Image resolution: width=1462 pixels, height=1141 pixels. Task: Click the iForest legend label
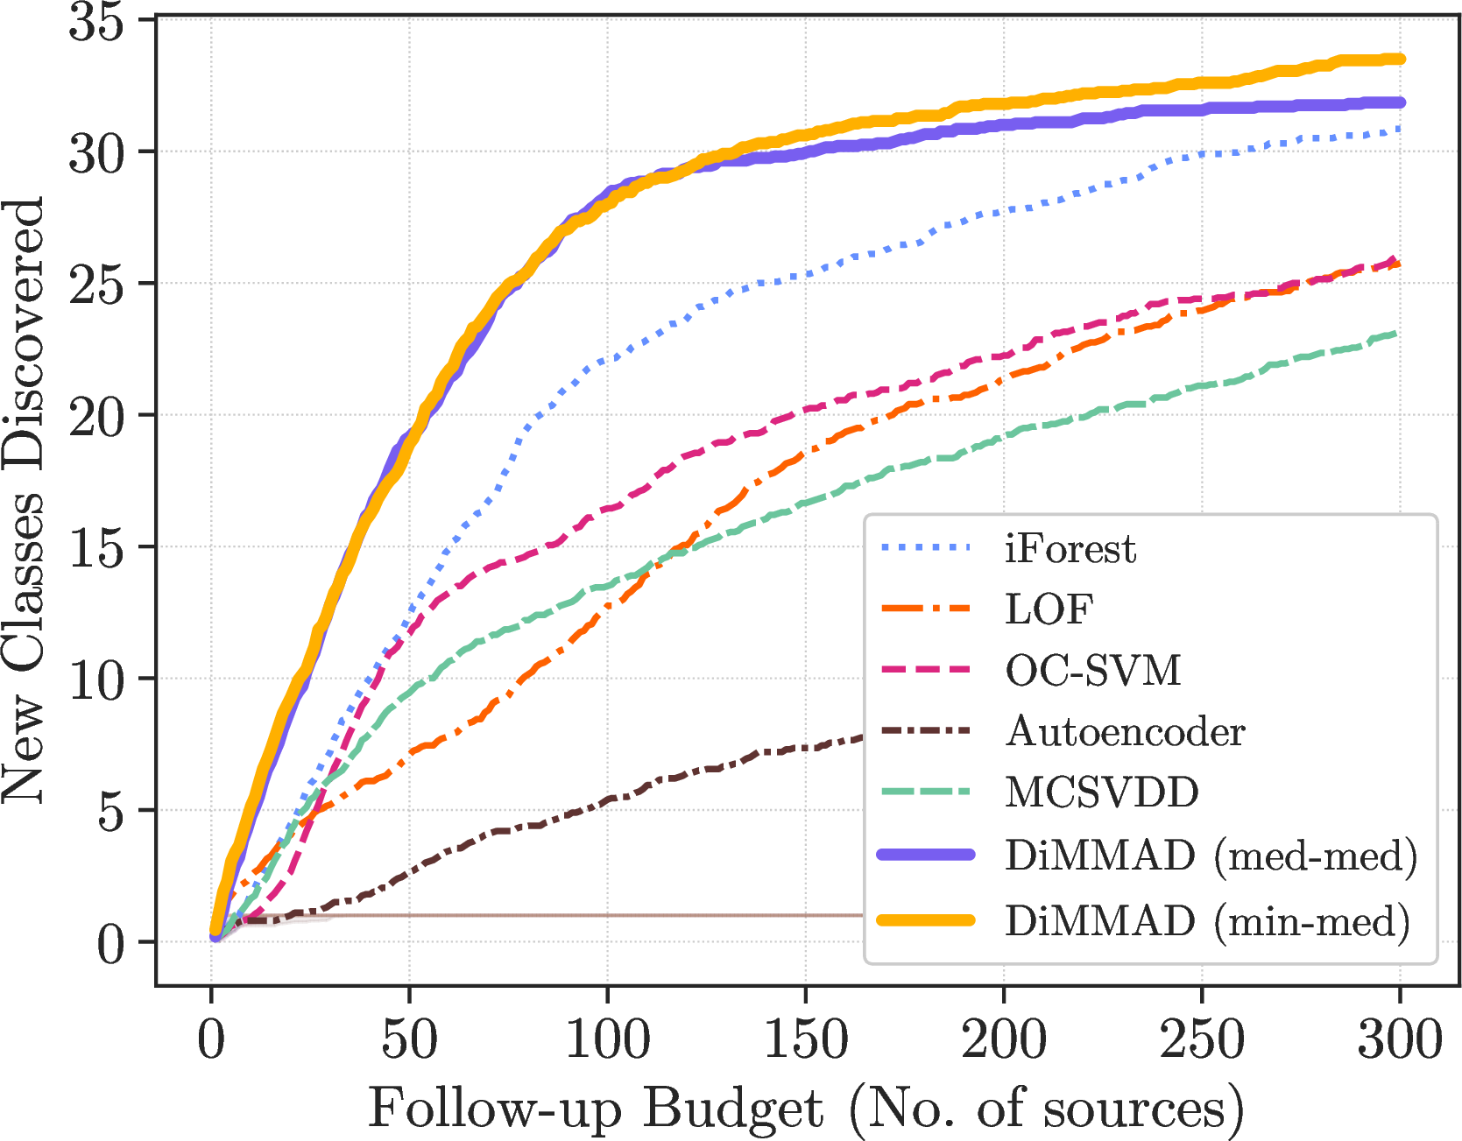(x=1070, y=549)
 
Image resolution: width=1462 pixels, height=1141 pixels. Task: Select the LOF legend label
(x=1049, y=609)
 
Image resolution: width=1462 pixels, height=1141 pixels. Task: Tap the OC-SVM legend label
(x=1093, y=671)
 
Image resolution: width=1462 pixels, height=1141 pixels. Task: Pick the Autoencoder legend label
(x=1125, y=731)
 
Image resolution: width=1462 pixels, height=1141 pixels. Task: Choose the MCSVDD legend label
(x=1102, y=792)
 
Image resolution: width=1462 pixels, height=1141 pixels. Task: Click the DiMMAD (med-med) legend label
(x=1211, y=856)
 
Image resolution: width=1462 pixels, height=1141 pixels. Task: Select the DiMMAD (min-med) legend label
(x=1207, y=921)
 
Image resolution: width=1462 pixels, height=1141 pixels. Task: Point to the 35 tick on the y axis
(x=95, y=21)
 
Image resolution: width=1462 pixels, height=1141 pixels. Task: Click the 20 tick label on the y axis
(x=95, y=416)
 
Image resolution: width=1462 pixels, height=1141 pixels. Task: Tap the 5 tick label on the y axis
(x=110, y=811)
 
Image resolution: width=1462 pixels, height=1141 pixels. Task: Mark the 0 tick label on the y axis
(x=110, y=943)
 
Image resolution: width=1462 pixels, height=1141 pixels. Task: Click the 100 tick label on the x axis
(x=607, y=1039)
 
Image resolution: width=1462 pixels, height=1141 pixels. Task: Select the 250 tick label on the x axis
(x=1202, y=1039)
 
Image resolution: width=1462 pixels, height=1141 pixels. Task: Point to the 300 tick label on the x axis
(x=1400, y=1039)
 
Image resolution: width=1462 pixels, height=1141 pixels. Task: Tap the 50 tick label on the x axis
(x=409, y=1039)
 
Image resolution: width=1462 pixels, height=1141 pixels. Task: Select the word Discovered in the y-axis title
(x=24, y=334)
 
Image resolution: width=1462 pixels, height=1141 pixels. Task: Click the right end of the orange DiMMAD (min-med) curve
(x=1400, y=60)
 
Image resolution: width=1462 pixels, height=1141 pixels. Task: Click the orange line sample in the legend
(x=926, y=919)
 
